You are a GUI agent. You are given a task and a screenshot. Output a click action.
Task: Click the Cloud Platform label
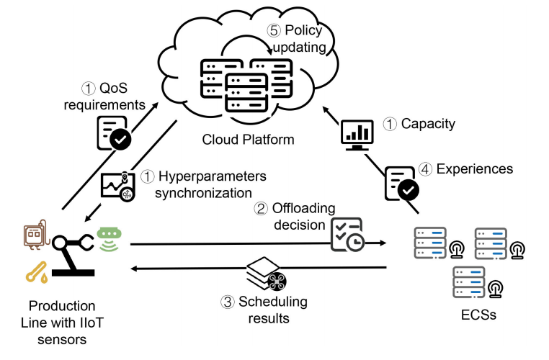pos(248,140)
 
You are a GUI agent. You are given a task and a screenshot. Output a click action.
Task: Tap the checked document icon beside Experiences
pos(401,183)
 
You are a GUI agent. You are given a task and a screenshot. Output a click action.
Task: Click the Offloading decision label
pos(295,217)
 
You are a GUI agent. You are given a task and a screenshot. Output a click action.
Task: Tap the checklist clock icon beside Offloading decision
pos(347,235)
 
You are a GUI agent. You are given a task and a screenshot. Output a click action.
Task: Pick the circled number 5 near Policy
pos(273,31)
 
